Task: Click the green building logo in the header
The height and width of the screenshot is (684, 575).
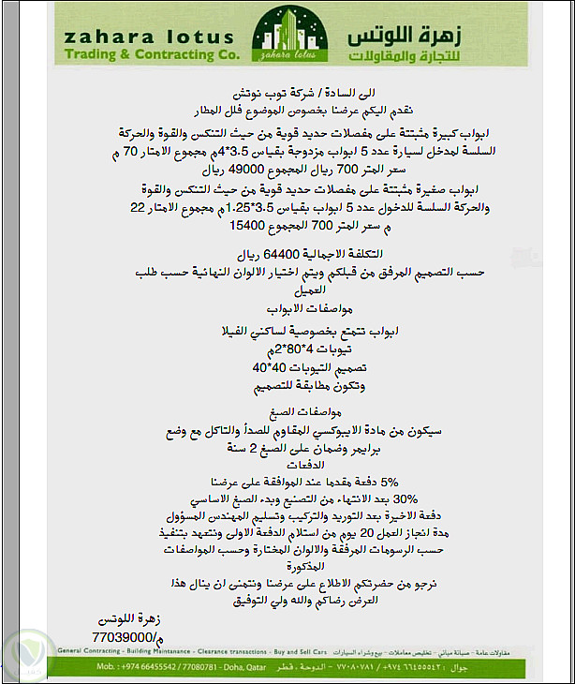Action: pos(287,38)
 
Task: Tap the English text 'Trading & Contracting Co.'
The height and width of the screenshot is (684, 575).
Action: pos(149,55)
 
